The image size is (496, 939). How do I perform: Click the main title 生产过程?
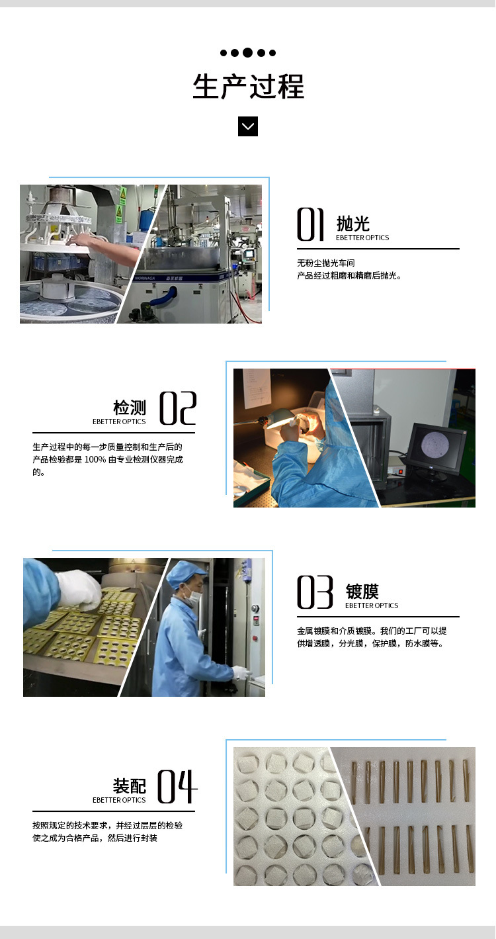point(248,87)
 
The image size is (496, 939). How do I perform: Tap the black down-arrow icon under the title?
point(248,126)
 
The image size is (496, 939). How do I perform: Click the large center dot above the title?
point(248,53)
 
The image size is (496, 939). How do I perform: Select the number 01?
point(310,224)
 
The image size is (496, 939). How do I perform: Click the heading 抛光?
point(353,224)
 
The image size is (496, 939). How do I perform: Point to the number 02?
point(178,408)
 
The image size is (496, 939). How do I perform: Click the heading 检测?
point(130,407)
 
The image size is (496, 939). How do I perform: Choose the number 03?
point(315,592)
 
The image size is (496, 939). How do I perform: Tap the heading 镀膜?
point(362,591)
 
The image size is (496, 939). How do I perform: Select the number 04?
point(177,786)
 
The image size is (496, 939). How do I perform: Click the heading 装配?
point(130,785)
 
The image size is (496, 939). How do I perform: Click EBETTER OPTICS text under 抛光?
point(362,238)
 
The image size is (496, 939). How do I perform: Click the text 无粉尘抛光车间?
point(331,263)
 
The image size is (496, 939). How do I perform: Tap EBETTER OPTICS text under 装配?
point(119,800)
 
